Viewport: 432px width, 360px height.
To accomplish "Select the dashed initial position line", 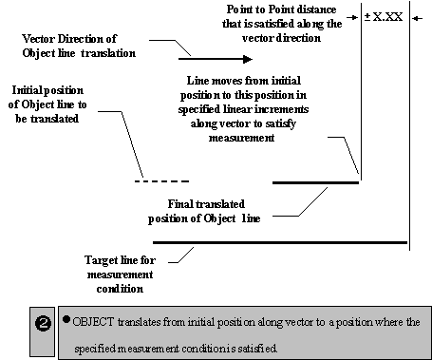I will pyautogui.click(x=161, y=181).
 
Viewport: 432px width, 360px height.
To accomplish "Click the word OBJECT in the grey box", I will pyautogui.click(x=96, y=322).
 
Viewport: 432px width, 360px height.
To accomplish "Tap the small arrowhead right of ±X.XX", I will pyautogui.click(x=422, y=17).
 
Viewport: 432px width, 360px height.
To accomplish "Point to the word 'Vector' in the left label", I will pyautogui.click(x=43, y=39).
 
